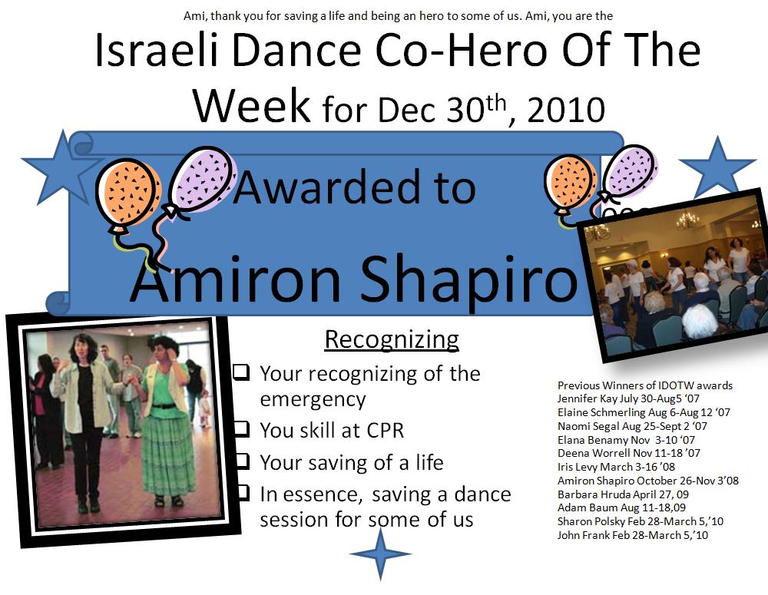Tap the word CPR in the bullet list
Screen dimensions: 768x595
[x=385, y=431]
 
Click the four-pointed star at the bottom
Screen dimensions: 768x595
[x=380, y=554]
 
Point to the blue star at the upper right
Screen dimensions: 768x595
[x=717, y=168]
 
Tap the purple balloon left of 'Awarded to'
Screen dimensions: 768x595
[x=200, y=180]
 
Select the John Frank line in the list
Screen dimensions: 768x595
[x=632, y=535]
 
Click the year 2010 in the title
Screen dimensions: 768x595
[x=566, y=110]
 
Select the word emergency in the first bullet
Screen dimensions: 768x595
[x=313, y=400]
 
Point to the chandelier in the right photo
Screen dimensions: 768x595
[x=687, y=221]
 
